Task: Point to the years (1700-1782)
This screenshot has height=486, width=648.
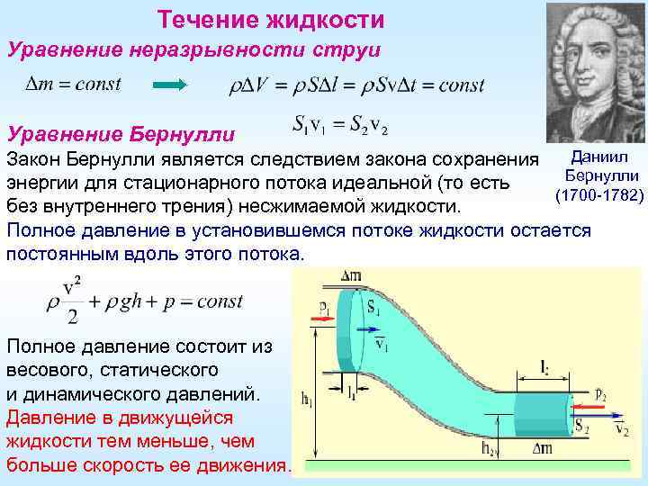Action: point(598,194)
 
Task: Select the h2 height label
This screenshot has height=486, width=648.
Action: point(488,447)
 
